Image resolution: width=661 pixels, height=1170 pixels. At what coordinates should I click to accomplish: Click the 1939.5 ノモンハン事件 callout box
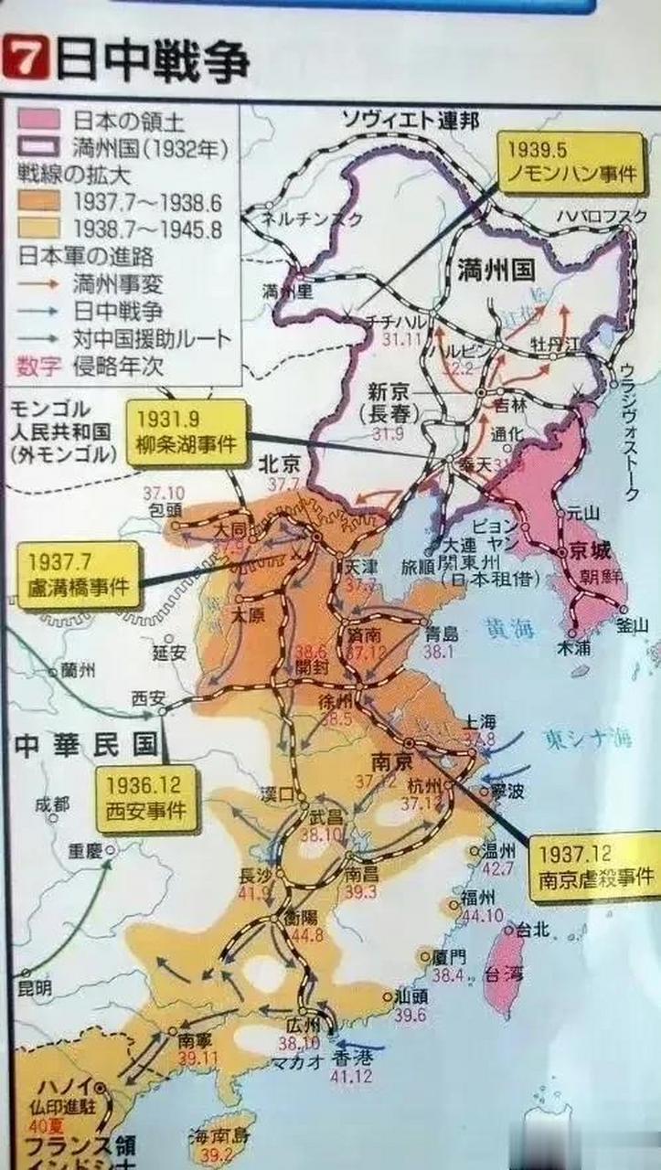point(570,161)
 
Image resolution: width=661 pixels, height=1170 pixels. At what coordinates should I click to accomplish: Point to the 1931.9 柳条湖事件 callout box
point(187,432)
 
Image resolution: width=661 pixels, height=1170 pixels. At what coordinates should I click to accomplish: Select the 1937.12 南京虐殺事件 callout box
point(596,866)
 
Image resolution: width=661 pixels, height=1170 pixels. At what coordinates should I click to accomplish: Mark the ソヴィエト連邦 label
point(400,116)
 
